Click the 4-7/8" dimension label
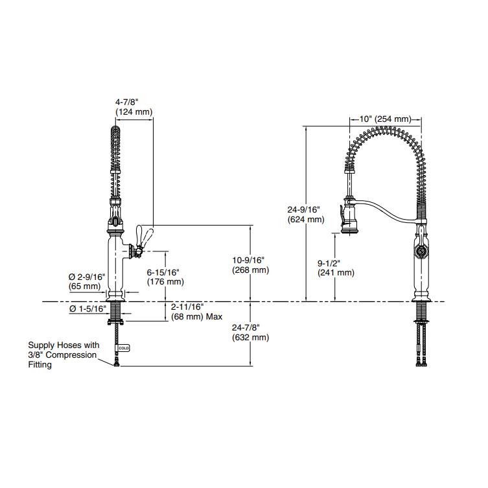click(126, 102)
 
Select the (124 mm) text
click(134, 111)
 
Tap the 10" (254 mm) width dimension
click(385, 119)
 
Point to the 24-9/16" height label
click(304, 209)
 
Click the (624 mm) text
click(305, 220)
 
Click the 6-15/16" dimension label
click(165, 272)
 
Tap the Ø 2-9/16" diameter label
click(86, 277)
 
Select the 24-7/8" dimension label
click(250, 327)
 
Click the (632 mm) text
click(250, 338)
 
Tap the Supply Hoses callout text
click(63, 354)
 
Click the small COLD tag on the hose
click(124, 348)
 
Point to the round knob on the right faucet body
click(421, 250)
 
